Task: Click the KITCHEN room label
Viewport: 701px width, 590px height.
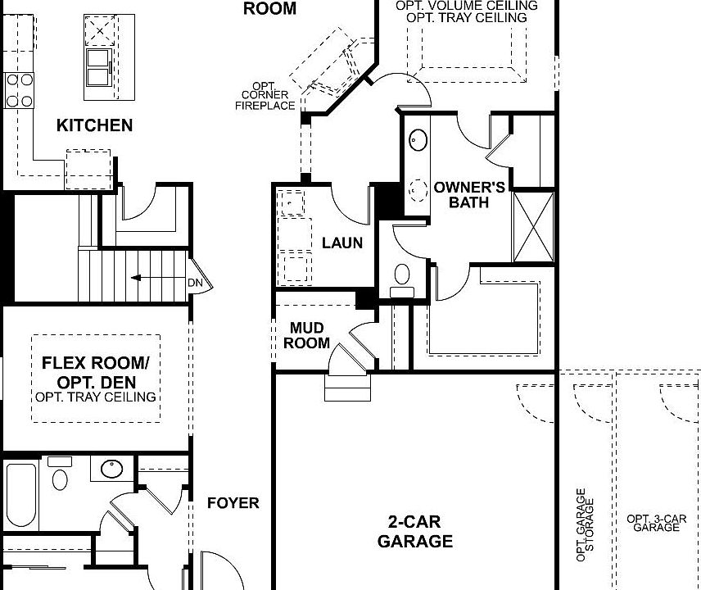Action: coord(94,125)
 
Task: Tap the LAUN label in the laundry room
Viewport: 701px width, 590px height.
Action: coord(342,243)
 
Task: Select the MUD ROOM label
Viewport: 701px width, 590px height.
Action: coord(307,336)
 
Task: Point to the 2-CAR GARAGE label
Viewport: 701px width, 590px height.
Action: coord(414,531)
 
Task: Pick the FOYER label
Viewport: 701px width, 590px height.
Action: coord(233,503)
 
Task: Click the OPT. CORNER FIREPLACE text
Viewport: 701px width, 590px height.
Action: coord(265,96)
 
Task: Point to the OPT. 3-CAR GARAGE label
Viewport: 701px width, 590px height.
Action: coord(656,523)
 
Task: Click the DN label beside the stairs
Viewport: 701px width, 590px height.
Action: coord(195,284)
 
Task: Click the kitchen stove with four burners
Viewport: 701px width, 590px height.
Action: coord(20,90)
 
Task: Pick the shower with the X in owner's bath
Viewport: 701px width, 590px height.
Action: coord(532,227)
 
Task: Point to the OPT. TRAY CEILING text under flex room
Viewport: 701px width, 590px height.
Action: coord(96,397)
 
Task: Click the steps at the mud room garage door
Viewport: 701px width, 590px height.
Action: coord(342,386)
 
